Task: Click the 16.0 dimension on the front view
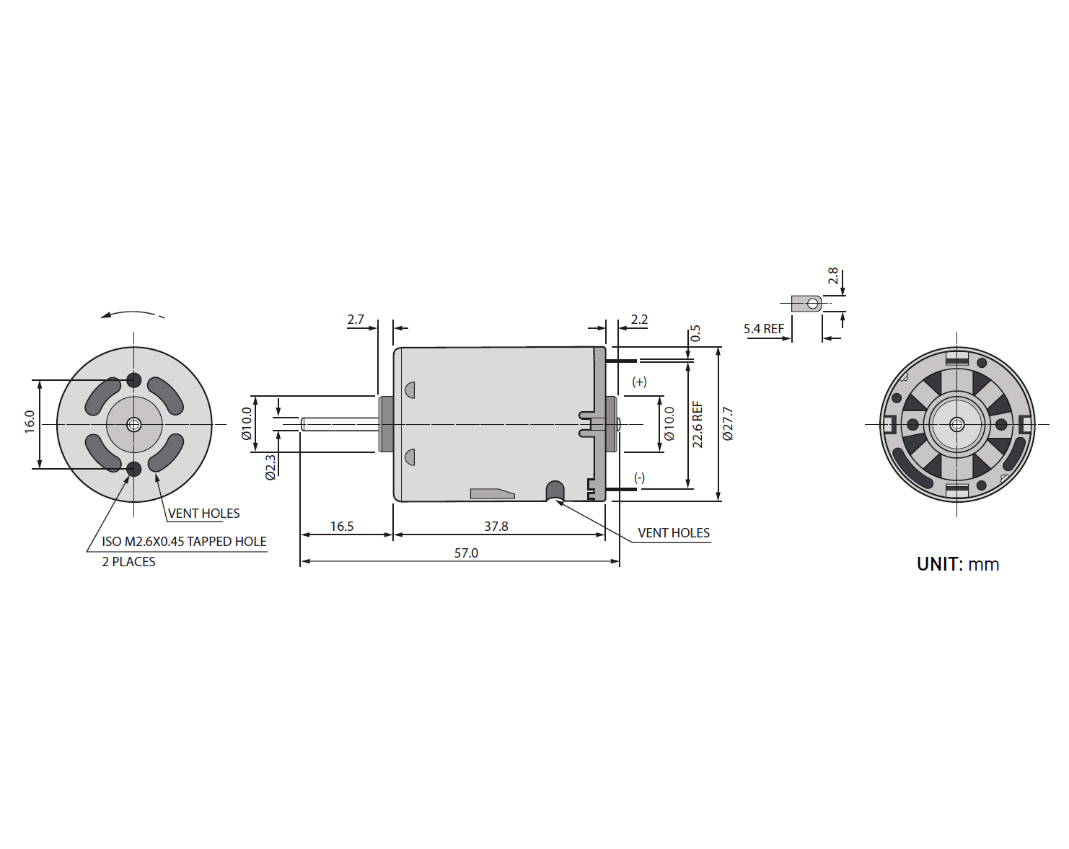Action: [30, 422]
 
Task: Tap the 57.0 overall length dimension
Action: [466, 553]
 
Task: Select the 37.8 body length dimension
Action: [496, 526]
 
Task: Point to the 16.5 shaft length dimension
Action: [342, 526]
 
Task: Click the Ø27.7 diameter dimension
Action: [728, 423]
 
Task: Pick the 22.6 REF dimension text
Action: [698, 424]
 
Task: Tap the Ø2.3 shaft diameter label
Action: [270, 467]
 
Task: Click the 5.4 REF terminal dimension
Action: [763, 329]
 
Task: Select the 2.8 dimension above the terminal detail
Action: [833, 276]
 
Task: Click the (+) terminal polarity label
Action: [639, 382]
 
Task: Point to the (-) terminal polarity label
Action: [639, 478]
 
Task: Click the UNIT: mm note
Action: [958, 564]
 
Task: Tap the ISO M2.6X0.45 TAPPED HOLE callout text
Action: [184, 542]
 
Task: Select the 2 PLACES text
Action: [128, 562]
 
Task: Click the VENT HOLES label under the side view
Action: [674, 533]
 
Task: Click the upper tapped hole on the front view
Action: [133, 380]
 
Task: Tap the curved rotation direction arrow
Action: [132, 314]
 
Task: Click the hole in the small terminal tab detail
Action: [813, 303]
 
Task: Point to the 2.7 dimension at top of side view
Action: [356, 320]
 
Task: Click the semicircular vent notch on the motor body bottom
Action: [555, 491]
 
